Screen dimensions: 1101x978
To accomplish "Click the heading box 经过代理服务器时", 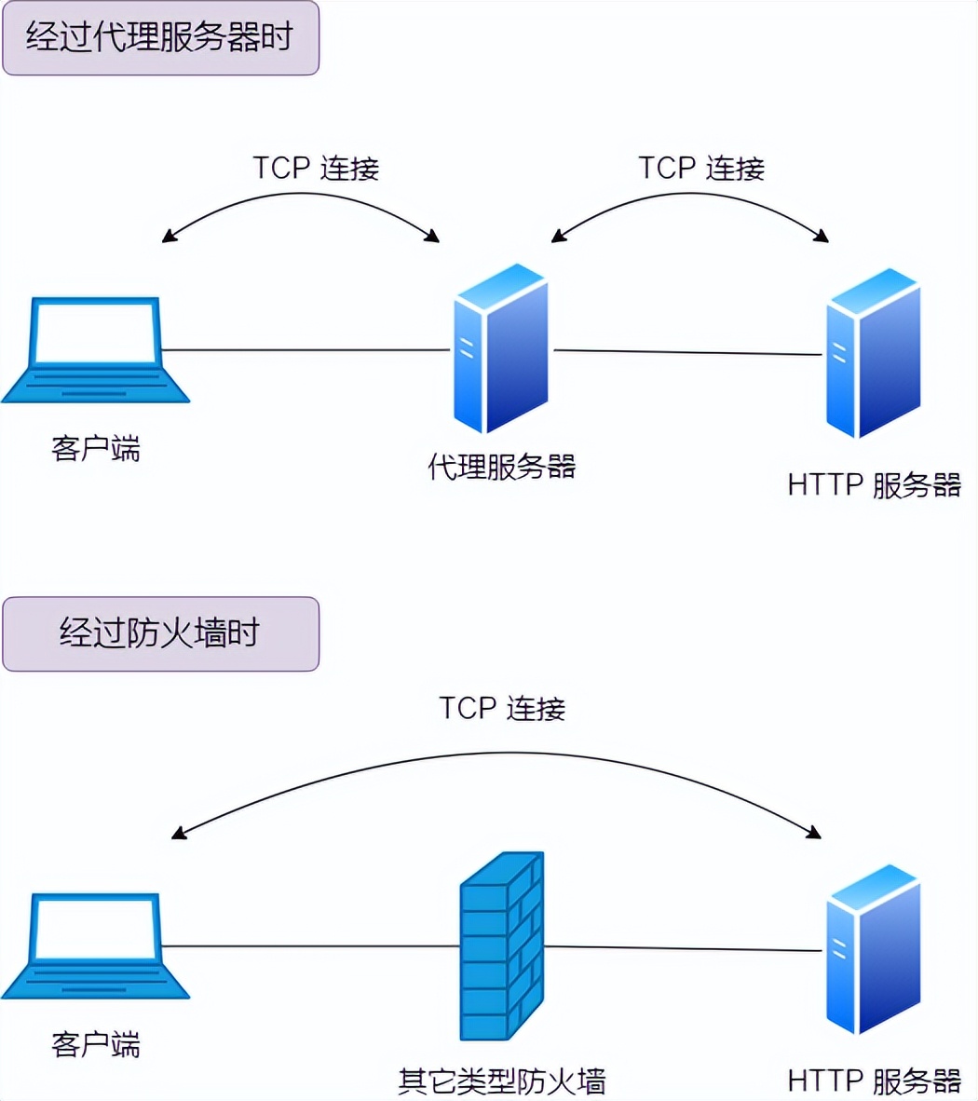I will [x=160, y=38].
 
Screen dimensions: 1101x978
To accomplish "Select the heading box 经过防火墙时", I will [x=160, y=634].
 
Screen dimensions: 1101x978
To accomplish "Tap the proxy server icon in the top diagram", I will [x=501, y=348].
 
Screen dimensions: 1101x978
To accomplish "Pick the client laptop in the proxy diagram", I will [x=96, y=350].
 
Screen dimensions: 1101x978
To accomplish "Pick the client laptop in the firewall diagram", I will [x=96, y=946].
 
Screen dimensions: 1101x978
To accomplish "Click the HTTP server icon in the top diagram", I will [x=874, y=354].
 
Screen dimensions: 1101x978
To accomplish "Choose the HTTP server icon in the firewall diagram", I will [x=874, y=950].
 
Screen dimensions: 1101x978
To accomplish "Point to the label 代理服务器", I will [x=502, y=467].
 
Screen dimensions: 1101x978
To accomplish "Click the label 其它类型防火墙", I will [x=502, y=1081].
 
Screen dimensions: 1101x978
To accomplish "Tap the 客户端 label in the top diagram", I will [x=96, y=449].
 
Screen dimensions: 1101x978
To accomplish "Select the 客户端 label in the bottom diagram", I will [x=96, y=1044].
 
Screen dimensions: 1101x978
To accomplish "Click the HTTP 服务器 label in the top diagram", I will [x=874, y=485].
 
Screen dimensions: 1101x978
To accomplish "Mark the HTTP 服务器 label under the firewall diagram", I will [x=874, y=1081].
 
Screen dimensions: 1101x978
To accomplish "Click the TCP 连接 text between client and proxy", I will [x=316, y=168].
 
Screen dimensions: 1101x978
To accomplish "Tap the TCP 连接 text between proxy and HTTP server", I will [x=700, y=168].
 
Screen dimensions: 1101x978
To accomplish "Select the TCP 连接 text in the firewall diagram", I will [x=502, y=708].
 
